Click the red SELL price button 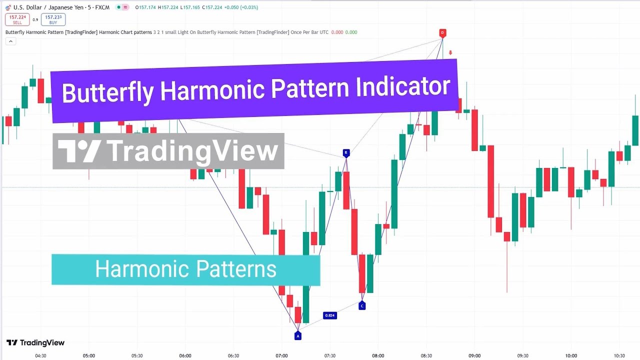[17, 19]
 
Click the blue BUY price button [53, 19]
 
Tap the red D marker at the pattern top [442, 33]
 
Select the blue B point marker [345, 152]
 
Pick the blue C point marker [362, 305]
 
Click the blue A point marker [297, 336]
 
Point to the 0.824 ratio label [329, 315]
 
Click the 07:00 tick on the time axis [281, 356]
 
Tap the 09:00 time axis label [474, 356]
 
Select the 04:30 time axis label [40, 356]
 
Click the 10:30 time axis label [619, 356]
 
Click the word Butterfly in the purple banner [107, 92]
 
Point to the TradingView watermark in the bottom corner [35, 343]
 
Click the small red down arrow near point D [450, 52]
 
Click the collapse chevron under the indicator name [10, 41]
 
